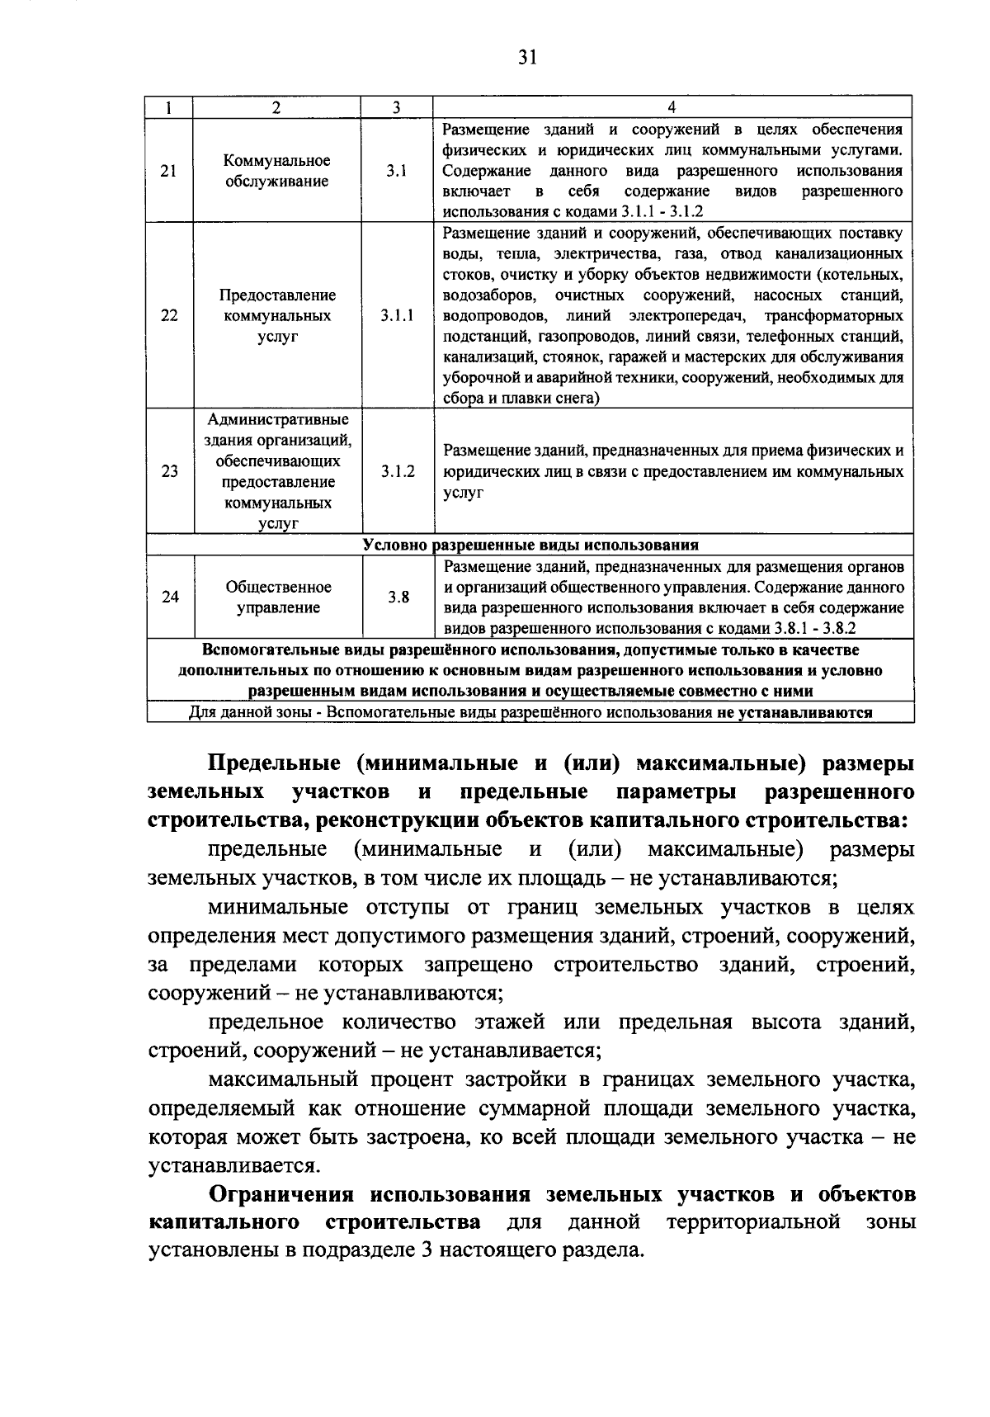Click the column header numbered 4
tap(672, 107)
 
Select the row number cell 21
tap(169, 172)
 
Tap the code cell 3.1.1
tap(398, 316)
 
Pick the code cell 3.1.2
tap(398, 472)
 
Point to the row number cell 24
tap(169, 598)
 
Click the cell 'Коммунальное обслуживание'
tap(277, 172)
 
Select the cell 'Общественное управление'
tap(278, 598)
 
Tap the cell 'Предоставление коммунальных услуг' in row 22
tap(277, 316)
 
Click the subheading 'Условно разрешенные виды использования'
tap(530, 546)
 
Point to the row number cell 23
tap(169, 472)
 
